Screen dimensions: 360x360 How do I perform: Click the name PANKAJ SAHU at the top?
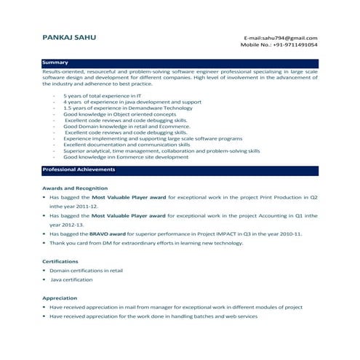pos(68,37)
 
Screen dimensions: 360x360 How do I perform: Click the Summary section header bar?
pos(180,63)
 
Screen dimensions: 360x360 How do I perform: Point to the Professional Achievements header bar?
pos(180,169)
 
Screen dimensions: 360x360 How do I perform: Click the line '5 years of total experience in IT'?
pos(102,96)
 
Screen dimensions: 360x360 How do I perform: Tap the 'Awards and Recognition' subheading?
pos(75,188)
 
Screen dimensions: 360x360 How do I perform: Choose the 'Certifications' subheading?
pos(61,261)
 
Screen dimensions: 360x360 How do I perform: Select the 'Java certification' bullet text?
pos(71,279)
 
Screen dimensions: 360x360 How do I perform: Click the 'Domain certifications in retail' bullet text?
pos(87,271)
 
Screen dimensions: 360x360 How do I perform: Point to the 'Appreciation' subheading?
pos(60,298)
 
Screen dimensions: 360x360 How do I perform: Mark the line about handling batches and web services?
pos(153,316)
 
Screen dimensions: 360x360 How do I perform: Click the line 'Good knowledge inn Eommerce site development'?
pos(126,156)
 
